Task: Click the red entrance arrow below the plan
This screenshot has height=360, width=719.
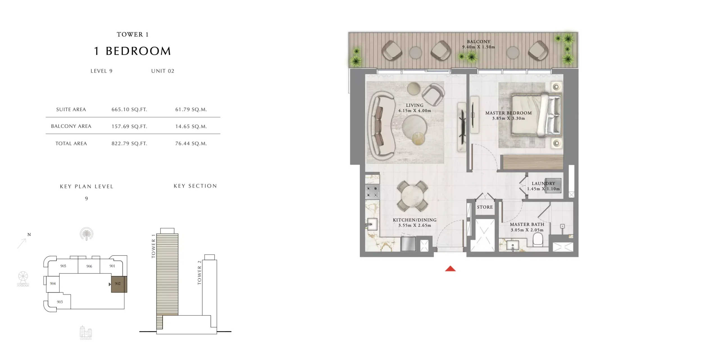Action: coord(450,269)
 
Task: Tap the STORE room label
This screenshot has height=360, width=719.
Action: coord(485,207)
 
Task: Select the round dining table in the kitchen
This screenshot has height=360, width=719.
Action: coord(412,196)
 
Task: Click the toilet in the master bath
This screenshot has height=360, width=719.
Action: coord(538,240)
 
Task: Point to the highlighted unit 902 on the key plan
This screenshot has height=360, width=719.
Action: coord(119,284)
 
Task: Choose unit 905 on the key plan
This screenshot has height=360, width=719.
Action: coord(63,266)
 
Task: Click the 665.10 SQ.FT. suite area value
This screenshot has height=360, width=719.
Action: coord(129,110)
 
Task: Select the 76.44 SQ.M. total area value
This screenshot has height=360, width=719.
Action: coord(191,144)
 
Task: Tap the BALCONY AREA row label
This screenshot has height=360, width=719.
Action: coord(71,126)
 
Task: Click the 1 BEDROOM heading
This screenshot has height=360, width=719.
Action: coord(133,51)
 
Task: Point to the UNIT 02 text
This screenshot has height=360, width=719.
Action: coord(163,71)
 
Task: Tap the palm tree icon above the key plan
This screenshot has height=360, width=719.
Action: coord(87,234)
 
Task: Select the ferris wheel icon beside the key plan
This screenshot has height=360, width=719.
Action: coord(23,279)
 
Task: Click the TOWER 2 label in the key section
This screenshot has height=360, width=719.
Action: coord(199,273)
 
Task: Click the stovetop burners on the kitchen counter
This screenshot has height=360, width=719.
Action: coord(372,192)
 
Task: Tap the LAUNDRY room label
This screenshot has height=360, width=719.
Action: coord(543,184)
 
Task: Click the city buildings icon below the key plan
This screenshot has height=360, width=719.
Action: coord(86,332)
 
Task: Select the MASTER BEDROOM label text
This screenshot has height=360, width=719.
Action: coord(508,113)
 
